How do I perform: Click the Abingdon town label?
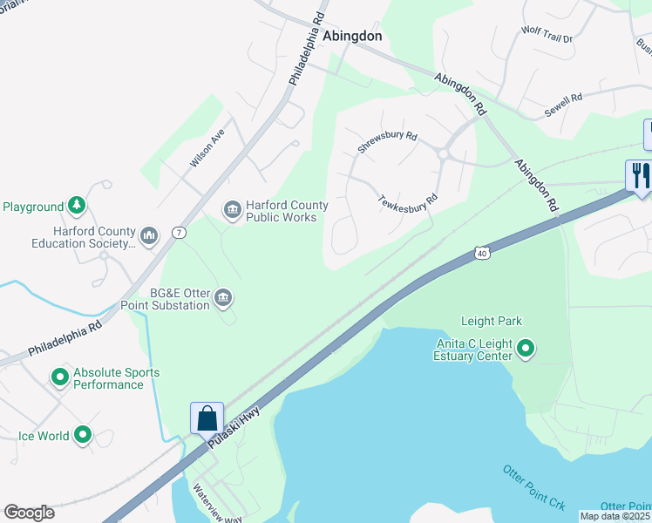pos(352,37)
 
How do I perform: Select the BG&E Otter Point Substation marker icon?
pos(223,298)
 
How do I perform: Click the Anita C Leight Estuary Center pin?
pos(526,350)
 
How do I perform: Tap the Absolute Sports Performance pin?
pos(60,377)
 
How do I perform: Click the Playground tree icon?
pos(78,205)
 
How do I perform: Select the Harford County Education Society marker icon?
pos(149,234)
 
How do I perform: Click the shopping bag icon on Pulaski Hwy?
pos(207,418)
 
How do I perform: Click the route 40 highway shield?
pos(483,252)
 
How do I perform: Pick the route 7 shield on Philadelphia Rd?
pos(178,232)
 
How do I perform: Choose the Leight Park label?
pos(492,321)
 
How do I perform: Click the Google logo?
pos(29,513)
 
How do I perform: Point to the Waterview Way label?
pos(218,504)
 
